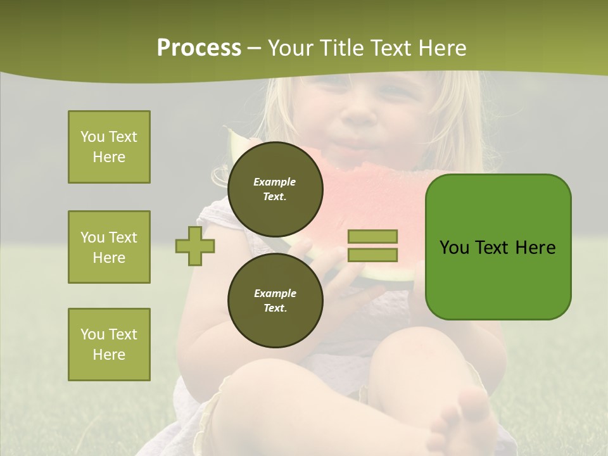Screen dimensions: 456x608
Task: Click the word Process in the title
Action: click(x=199, y=48)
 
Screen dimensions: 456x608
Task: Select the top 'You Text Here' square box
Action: click(x=109, y=147)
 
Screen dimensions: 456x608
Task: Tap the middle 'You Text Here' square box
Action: click(x=109, y=247)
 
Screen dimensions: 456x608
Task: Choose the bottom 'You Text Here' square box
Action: click(x=109, y=345)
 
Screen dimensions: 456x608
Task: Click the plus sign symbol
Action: click(x=195, y=245)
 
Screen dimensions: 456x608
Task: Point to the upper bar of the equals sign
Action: click(x=372, y=236)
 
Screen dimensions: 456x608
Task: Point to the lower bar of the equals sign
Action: click(x=372, y=255)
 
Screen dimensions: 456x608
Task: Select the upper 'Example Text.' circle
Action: click(x=275, y=189)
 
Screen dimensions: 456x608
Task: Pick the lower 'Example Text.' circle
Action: click(x=275, y=300)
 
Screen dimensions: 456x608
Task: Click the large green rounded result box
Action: click(x=498, y=247)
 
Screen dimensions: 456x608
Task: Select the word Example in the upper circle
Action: click(x=275, y=182)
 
